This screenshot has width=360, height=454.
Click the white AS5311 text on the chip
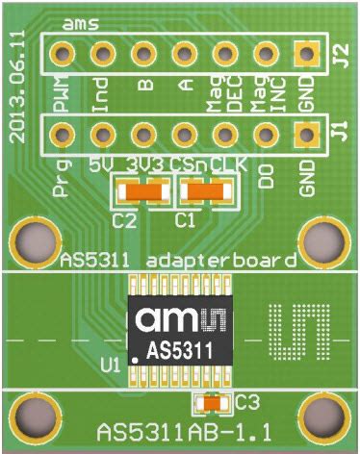(180, 350)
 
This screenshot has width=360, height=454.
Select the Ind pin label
(100, 99)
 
